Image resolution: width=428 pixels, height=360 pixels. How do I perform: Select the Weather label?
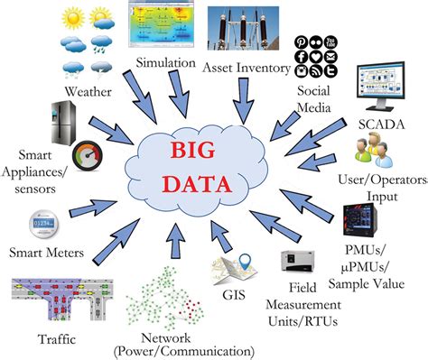click(x=88, y=92)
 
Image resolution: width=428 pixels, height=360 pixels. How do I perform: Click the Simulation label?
click(x=167, y=62)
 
